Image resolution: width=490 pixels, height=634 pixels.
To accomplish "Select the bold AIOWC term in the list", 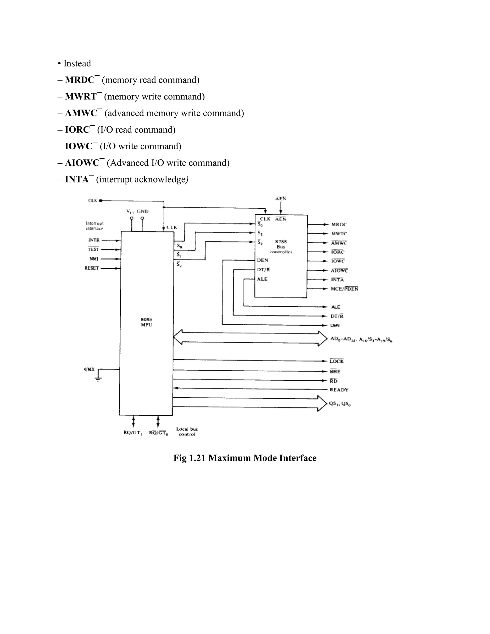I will (x=82, y=163).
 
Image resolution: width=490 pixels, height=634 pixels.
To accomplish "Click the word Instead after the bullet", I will (x=77, y=63).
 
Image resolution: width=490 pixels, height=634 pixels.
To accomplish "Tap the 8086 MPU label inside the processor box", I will (x=147, y=322).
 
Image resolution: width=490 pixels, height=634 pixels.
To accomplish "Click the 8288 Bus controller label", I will (x=281, y=247).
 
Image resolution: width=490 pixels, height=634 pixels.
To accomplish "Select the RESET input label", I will (x=91, y=268).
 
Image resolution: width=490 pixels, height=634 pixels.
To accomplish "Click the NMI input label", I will (x=94, y=259).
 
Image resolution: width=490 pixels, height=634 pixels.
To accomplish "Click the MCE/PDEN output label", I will (x=345, y=289).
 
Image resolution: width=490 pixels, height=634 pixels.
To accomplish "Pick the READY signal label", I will (x=339, y=390).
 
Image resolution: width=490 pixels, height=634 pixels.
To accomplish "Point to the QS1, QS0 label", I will (x=340, y=404).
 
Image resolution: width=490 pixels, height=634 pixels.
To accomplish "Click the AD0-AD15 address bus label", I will (x=361, y=339).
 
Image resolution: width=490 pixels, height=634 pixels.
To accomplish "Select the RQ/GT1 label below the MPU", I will (x=133, y=433).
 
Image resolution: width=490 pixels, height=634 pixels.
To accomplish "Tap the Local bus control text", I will (x=187, y=431).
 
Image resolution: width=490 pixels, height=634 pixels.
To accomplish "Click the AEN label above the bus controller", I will (x=281, y=199).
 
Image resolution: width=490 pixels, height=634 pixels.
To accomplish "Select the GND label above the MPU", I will (x=143, y=211).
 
